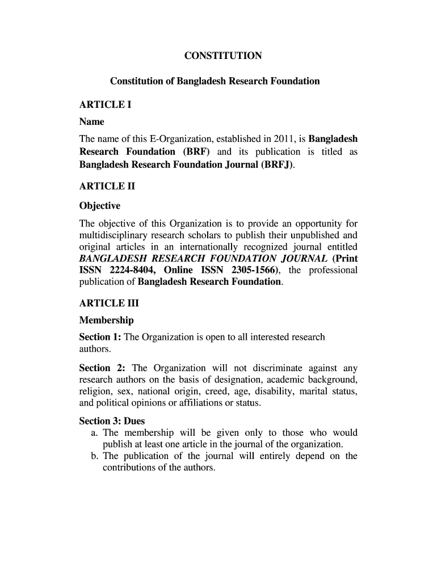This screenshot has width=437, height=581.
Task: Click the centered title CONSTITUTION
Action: (223, 56)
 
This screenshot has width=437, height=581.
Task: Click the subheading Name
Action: (91, 122)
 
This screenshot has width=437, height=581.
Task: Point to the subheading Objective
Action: (99, 206)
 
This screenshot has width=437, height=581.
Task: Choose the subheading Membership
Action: (106, 321)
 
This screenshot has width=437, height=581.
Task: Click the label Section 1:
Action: (100, 337)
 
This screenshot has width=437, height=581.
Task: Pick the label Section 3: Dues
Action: (112, 421)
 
